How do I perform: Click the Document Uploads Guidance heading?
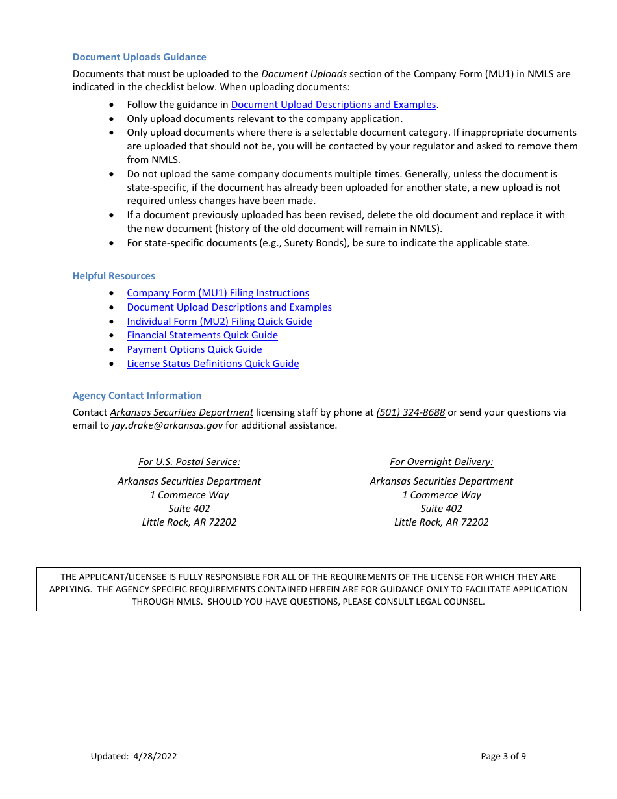click(139, 57)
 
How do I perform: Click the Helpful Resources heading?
click(114, 276)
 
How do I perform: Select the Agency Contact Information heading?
click(137, 396)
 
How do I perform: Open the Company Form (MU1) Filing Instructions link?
click(218, 293)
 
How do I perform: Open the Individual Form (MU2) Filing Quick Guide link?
click(219, 322)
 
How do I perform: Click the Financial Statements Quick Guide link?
click(202, 335)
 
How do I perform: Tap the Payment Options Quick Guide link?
click(194, 349)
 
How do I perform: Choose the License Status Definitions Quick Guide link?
click(212, 364)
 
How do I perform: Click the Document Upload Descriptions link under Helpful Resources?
click(229, 307)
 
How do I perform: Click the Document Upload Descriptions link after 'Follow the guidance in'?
click(333, 105)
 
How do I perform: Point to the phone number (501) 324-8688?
click(410, 412)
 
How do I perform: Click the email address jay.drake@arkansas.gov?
click(167, 426)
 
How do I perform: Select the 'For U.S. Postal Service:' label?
click(189, 462)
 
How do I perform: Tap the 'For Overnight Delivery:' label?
click(441, 462)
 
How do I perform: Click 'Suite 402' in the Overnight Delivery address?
click(441, 509)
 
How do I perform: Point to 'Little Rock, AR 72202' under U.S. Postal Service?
click(189, 522)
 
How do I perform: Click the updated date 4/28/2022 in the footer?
click(155, 756)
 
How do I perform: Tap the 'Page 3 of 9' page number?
click(503, 756)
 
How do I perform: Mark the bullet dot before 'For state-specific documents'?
click(114, 243)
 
